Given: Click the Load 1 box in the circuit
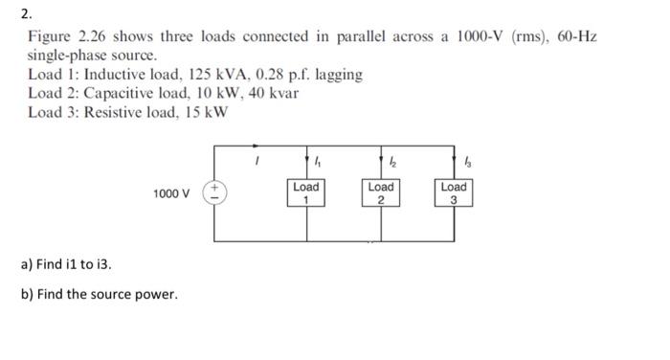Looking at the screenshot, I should point(305,192).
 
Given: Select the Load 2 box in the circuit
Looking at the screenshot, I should point(380,192).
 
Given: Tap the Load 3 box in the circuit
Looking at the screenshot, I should point(454,192).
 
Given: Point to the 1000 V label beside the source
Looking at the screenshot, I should point(171,194).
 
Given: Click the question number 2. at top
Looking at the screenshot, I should point(26,13).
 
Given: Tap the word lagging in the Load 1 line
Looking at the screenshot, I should point(339,76).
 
